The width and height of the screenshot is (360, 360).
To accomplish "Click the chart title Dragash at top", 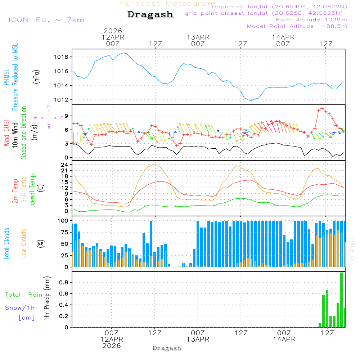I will click(150, 15).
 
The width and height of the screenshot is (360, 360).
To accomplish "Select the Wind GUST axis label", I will click(6, 132).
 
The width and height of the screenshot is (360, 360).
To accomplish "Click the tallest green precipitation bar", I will click(341, 300).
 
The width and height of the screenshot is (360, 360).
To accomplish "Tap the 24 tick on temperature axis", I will click(65, 165).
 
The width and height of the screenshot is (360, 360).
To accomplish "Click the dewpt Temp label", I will click(33, 190).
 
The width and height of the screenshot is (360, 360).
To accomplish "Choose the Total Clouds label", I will click(6, 244).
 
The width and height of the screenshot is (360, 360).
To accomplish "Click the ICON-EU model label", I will click(46, 20).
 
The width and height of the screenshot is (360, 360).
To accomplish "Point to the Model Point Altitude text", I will click(297, 26).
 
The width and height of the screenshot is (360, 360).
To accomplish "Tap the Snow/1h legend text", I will click(20, 308).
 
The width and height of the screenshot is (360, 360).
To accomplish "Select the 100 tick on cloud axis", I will click(63, 220).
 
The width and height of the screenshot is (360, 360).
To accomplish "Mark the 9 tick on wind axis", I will click(66, 116).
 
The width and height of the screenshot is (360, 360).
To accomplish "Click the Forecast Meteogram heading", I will click(168, 4).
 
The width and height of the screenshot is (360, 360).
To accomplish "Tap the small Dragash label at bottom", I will click(167, 348).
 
